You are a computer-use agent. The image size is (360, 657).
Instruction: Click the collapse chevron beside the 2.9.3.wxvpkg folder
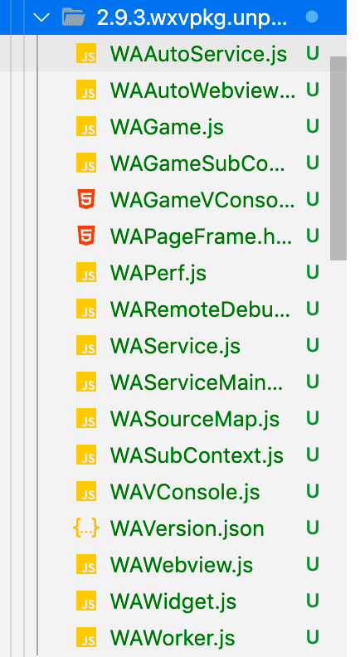point(43,17)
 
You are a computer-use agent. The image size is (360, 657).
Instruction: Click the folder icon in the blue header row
point(74,17)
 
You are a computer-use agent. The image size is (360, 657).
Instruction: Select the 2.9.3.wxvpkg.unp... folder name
point(192,18)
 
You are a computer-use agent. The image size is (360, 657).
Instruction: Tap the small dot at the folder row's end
point(312,17)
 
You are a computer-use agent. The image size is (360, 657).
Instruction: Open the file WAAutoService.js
point(198,54)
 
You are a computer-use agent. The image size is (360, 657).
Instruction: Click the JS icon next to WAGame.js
point(86,127)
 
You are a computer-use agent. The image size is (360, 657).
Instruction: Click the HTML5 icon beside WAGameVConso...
point(86,199)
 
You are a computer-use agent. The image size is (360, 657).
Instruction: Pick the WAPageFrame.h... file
point(202,236)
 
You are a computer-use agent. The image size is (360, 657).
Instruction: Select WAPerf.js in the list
point(158,273)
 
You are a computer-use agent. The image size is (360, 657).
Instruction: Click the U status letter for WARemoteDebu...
point(313,309)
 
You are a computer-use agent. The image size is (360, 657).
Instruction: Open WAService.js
point(175,346)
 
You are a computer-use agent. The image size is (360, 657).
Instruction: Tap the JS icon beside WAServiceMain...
point(86,382)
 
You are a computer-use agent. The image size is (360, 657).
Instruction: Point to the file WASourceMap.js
point(194,419)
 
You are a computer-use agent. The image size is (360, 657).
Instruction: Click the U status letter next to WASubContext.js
point(313,455)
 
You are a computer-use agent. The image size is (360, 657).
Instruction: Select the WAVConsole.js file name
point(185,492)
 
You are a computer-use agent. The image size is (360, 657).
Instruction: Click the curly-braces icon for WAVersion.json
point(86,528)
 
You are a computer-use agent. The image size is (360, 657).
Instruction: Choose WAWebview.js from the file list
point(182,565)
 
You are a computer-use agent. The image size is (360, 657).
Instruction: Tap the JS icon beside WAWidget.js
point(86,601)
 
